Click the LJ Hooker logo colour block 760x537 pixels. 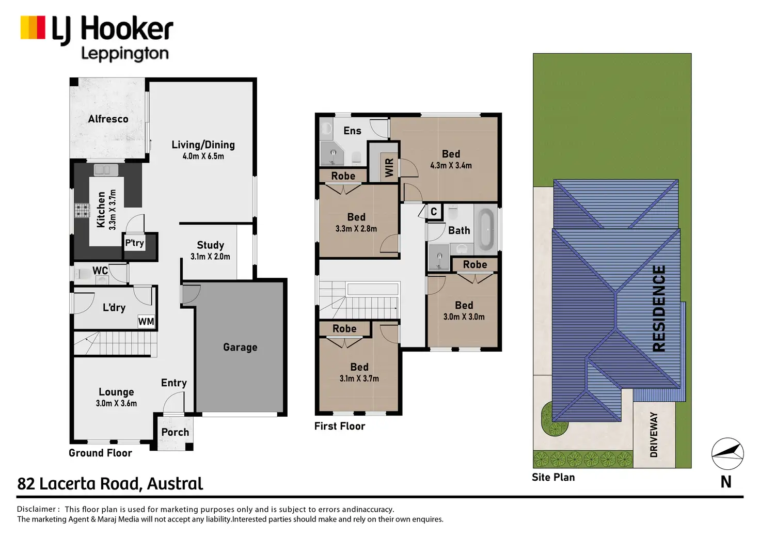[x=33, y=27]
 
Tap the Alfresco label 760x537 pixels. [x=108, y=119]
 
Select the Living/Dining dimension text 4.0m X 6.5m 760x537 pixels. [x=203, y=156]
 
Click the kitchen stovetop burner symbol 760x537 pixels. [x=82, y=210]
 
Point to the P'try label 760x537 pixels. [x=134, y=243]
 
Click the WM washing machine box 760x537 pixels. [x=146, y=322]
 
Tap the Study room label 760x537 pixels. [x=210, y=245]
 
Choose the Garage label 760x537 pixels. [x=240, y=348]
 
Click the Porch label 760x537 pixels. [x=175, y=432]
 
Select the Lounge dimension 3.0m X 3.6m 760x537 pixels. [x=116, y=404]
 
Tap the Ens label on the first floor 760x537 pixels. [x=352, y=131]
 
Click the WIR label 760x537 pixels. [x=389, y=167]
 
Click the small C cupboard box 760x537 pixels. [x=434, y=211]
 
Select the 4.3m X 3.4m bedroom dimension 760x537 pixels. [x=451, y=166]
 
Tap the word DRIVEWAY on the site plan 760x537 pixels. [x=654, y=435]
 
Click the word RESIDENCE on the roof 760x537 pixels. [x=659, y=308]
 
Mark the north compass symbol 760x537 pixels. [x=727, y=453]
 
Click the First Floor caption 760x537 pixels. [x=339, y=426]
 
